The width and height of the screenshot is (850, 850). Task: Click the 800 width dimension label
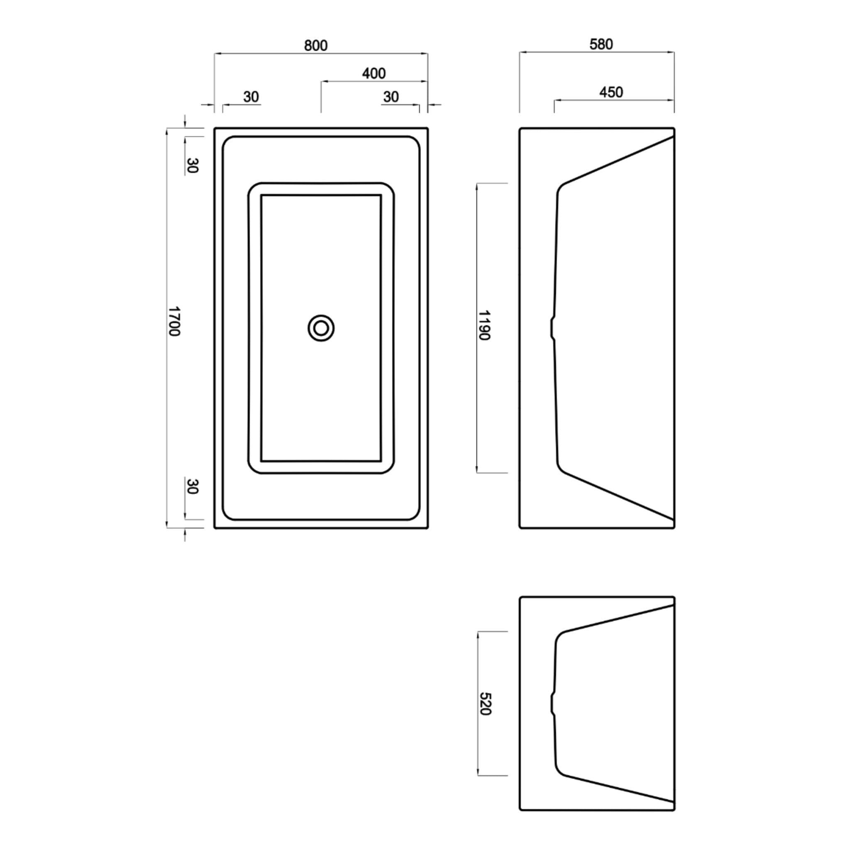pos(316,45)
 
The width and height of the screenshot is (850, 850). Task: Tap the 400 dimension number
pos(374,73)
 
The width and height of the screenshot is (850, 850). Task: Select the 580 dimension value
pos(601,44)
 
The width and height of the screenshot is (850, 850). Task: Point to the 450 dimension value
pos(611,92)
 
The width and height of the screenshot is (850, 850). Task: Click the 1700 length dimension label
pos(175,321)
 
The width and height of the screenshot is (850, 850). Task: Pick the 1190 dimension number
pos(484,325)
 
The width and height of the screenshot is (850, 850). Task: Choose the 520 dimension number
pos(485,704)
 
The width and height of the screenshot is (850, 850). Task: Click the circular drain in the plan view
pos(321,328)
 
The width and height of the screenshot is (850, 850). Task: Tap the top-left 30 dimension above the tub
pos(251,97)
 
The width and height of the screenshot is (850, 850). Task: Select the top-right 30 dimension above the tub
pos(391,97)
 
